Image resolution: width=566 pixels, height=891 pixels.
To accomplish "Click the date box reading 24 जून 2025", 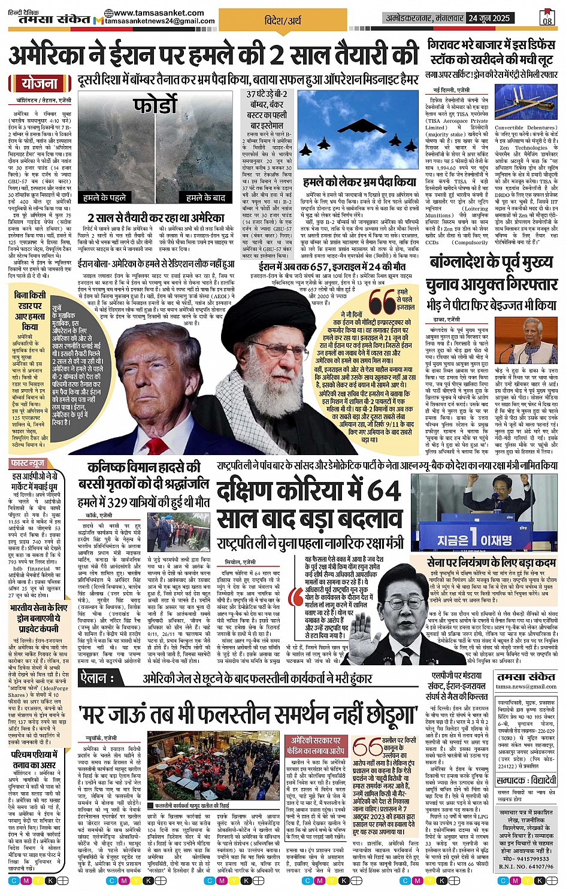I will [489, 18].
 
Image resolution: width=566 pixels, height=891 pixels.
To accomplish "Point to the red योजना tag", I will [40, 84].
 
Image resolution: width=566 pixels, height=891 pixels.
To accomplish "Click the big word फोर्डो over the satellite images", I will [155, 106].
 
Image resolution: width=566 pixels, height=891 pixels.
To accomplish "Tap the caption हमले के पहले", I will [105, 198].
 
